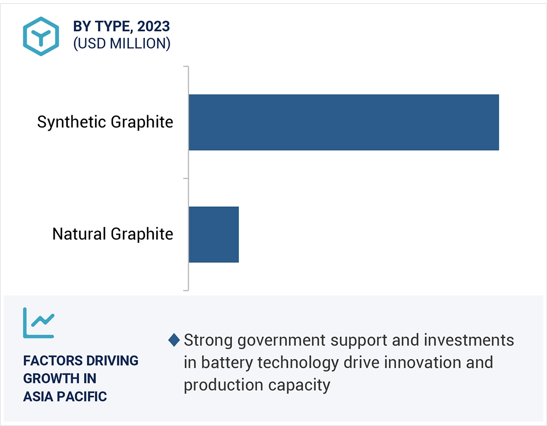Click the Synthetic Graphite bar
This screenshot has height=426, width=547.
(344, 122)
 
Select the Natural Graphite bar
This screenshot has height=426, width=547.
(214, 234)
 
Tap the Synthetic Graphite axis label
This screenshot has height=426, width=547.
(105, 122)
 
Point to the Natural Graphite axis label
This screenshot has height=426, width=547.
(113, 234)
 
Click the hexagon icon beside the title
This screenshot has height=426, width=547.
(41, 36)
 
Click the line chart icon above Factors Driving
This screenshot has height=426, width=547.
(39, 323)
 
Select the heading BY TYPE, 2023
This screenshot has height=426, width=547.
(121, 27)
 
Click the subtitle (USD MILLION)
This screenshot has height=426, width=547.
(122, 44)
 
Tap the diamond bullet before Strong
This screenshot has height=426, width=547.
(174, 340)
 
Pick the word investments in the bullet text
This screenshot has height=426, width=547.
(469, 340)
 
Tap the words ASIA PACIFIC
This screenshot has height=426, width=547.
(65, 397)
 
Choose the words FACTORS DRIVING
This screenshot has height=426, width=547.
(81, 361)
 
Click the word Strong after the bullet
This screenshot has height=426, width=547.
(208, 340)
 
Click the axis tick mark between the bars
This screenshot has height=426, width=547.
(186, 178)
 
